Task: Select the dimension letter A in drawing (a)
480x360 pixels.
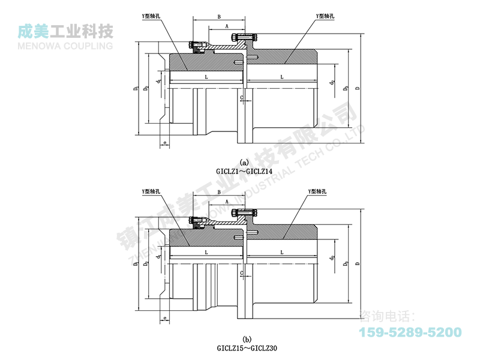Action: (226, 26)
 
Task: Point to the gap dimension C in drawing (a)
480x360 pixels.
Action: (241, 97)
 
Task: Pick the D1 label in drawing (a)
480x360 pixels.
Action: (137, 89)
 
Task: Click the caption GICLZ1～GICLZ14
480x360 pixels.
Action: (244, 171)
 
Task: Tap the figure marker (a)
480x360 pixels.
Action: (244, 163)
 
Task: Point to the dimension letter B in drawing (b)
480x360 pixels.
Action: (220, 192)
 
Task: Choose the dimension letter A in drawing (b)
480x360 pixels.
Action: (226, 202)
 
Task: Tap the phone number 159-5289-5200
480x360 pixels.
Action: (410, 332)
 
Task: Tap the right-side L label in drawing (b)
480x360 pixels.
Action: (282, 253)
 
